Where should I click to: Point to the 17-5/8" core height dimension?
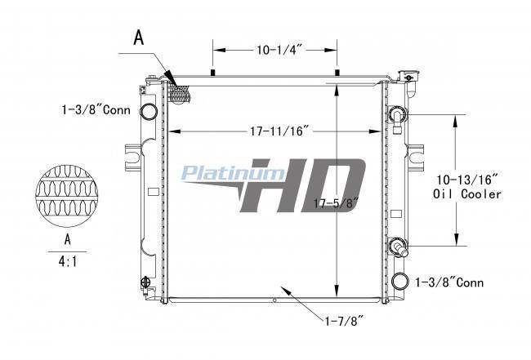pos(336,203)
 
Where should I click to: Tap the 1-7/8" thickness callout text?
pos(344,321)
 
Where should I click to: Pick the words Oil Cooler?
pos(467,194)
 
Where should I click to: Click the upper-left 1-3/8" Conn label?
pos(96,110)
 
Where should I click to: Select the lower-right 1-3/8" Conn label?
pos(449,282)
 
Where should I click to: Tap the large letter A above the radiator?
pos(139,38)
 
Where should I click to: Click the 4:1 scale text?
pos(68,261)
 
